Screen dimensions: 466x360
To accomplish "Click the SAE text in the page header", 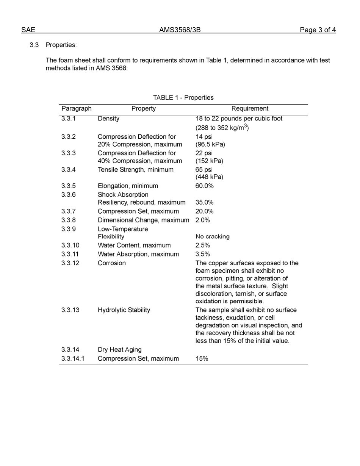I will click(x=28, y=30).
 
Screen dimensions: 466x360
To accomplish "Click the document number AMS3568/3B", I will click(x=180, y=30).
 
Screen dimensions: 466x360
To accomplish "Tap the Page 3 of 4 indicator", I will click(x=318, y=30).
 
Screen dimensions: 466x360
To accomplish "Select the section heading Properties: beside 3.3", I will click(x=61, y=45).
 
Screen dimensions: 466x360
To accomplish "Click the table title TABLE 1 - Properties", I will click(x=183, y=98).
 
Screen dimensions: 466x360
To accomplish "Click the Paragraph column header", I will click(x=77, y=109).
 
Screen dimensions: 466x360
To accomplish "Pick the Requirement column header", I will click(x=250, y=109).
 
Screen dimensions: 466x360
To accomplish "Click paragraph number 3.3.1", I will click(x=69, y=119).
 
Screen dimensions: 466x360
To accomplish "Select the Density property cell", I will click(x=108, y=119).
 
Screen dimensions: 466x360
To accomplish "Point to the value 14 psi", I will click(x=204, y=137).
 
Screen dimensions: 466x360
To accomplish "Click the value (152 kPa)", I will click(x=209, y=161).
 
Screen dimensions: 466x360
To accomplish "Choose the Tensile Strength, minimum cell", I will click(x=135, y=170).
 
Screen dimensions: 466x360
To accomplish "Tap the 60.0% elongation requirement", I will click(x=204, y=186).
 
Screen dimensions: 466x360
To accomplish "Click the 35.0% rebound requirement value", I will click(x=204, y=202).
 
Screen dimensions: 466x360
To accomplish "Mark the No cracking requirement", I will click(x=212, y=236).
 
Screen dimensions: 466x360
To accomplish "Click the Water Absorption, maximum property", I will click(x=138, y=254).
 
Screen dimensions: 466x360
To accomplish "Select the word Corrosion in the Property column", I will click(x=111, y=263).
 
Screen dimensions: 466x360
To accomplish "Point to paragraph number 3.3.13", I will click(x=70, y=310).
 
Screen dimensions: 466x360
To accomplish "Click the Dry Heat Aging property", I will click(x=119, y=350).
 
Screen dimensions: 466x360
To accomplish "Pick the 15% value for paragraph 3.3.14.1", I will click(x=202, y=358).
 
